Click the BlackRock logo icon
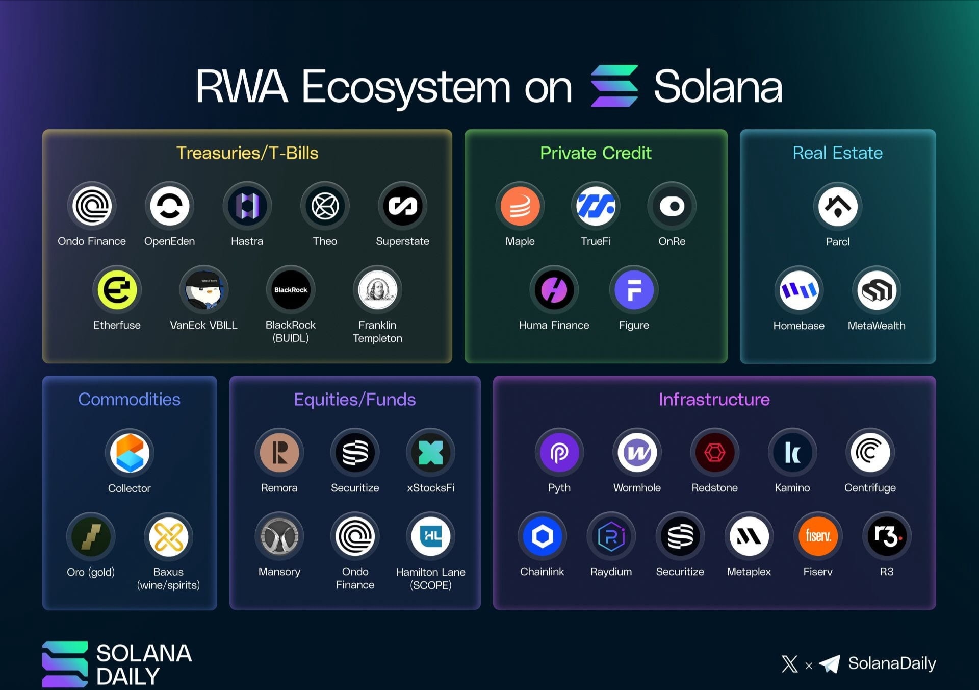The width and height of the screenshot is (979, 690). point(291,290)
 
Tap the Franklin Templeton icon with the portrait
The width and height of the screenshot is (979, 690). point(377,290)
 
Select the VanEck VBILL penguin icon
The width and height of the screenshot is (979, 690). point(203,290)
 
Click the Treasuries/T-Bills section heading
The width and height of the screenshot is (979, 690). point(247,153)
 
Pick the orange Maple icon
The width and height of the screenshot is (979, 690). point(520,206)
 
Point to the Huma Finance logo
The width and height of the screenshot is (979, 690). point(554,290)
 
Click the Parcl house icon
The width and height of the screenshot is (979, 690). point(838,206)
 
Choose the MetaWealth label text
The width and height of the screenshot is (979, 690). point(877,326)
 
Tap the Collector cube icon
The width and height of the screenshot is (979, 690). point(130,453)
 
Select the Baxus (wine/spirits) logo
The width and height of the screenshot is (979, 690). point(168,536)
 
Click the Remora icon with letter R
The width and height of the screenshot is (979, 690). point(279,453)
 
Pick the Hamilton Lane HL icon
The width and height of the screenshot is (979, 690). point(431,536)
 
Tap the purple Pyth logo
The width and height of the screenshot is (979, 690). point(559,453)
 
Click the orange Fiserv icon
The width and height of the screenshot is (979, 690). point(818,536)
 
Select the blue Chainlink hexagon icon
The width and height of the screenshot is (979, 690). point(542,536)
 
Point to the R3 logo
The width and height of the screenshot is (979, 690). point(887,536)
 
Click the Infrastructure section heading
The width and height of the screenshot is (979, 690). point(714,399)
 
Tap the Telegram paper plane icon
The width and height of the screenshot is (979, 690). point(830,663)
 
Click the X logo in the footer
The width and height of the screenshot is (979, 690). point(790,664)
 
